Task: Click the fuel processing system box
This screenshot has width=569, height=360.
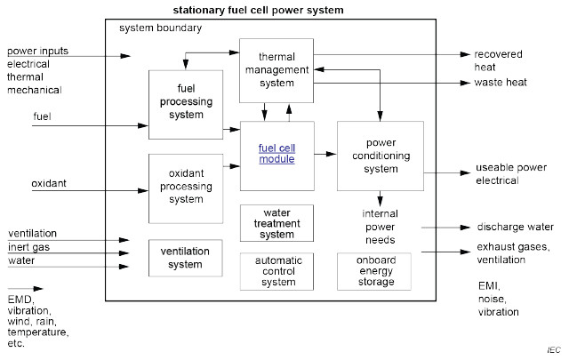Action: click(185, 104)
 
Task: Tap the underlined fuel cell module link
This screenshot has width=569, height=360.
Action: click(276, 153)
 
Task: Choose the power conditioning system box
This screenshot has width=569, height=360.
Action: click(381, 156)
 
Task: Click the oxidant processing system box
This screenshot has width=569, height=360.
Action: click(185, 188)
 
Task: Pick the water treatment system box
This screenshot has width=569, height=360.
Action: click(276, 222)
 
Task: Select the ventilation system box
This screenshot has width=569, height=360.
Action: click(185, 258)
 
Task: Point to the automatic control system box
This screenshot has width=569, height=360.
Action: click(276, 271)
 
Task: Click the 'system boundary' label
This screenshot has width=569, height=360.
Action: click(160, 28)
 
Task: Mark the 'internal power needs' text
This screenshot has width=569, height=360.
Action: click(380, 227)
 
